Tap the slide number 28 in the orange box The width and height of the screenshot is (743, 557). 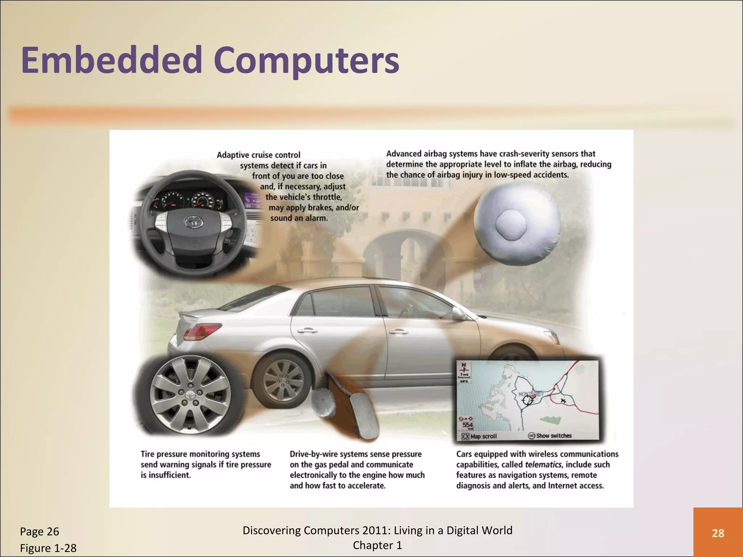pos(718,533)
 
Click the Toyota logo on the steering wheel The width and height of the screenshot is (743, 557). pos(193,222)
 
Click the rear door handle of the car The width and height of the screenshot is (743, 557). pos(307,330)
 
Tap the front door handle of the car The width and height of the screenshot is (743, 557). pos(398,331)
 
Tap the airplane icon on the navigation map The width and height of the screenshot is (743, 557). pos(563,400)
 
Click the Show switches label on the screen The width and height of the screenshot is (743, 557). pos(554,436)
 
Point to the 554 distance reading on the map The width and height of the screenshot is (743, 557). pos(468,425)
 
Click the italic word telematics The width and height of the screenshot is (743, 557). pos(543,465)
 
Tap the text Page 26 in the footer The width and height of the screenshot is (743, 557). pos(39,532)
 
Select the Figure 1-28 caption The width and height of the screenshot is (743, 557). pos(48,548)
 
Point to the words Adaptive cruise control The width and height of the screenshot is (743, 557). pos(258,155)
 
